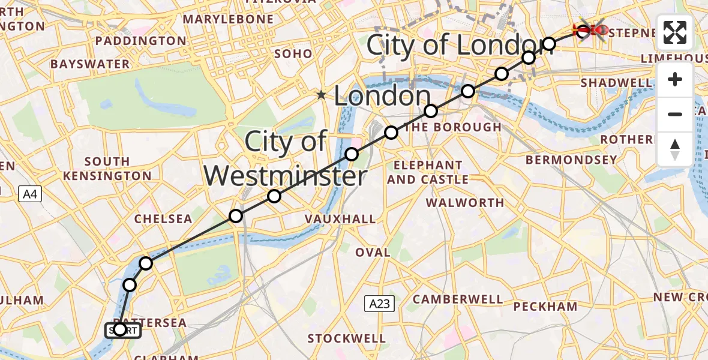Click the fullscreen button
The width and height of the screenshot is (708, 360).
(x=675, y=32)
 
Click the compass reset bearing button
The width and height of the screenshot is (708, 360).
(x=675, y=149)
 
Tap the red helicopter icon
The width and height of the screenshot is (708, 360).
(x=591, y=29)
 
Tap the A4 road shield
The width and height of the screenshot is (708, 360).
(x=29, y=194)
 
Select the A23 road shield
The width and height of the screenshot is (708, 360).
(x=379, y=304)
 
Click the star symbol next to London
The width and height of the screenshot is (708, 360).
(x=322, y=95)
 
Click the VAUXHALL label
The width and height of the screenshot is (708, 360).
(x=340, y=219)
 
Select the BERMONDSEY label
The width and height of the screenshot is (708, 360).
(x=571, y=160)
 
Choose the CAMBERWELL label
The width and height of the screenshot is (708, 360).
(x=458, y=299)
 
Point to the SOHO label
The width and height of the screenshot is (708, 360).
(x=293, y=53)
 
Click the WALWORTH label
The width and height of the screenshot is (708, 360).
(x=465, y=203)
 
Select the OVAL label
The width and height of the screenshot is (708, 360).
(x=373, y=253)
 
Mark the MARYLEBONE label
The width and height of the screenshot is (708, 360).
(x=227, y=20)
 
